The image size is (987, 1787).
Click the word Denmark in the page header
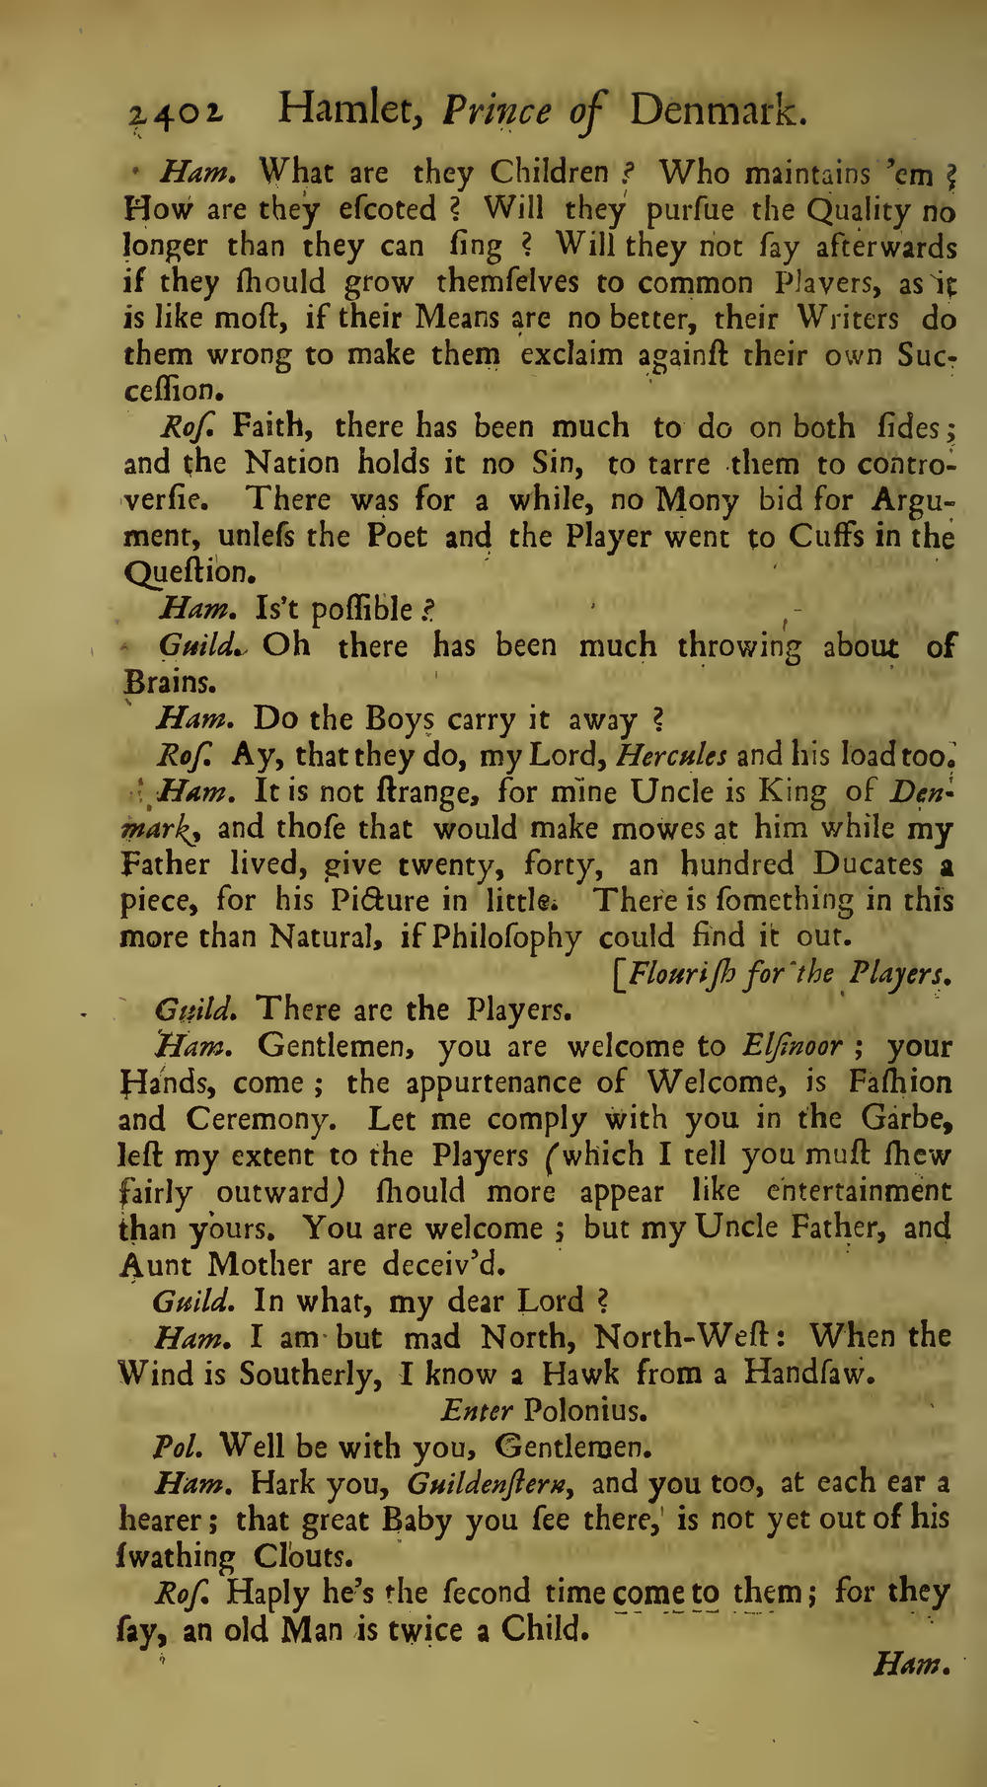click(718, 111)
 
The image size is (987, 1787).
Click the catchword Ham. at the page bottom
click(911, 1666)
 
